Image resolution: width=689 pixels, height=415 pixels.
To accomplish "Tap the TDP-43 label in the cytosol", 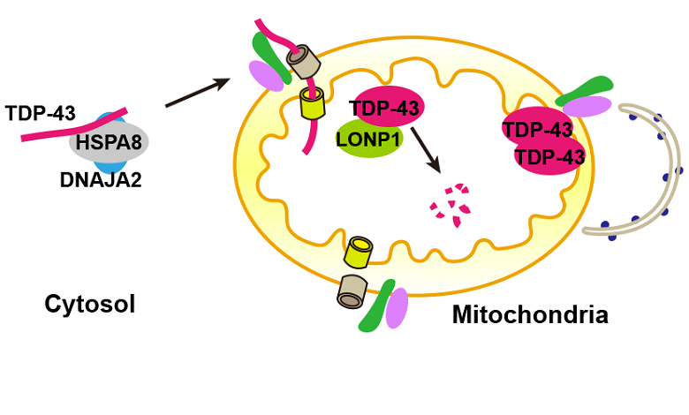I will (41, 113).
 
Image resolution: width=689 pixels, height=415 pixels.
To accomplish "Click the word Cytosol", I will (89, 305).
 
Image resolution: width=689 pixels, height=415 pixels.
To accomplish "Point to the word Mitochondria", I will (530, 313).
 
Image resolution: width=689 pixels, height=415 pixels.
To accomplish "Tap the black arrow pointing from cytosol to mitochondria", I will (198, 92).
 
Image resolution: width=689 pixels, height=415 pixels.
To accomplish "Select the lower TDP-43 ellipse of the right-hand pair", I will (549, 156).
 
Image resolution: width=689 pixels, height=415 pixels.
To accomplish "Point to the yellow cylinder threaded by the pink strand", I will (312, 102).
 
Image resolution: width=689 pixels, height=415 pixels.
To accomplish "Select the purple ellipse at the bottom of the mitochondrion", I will (397, 308).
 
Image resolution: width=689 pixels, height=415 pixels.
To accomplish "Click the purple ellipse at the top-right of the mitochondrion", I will (587, 106).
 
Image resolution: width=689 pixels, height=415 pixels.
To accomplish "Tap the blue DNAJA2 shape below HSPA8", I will (110, 166).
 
